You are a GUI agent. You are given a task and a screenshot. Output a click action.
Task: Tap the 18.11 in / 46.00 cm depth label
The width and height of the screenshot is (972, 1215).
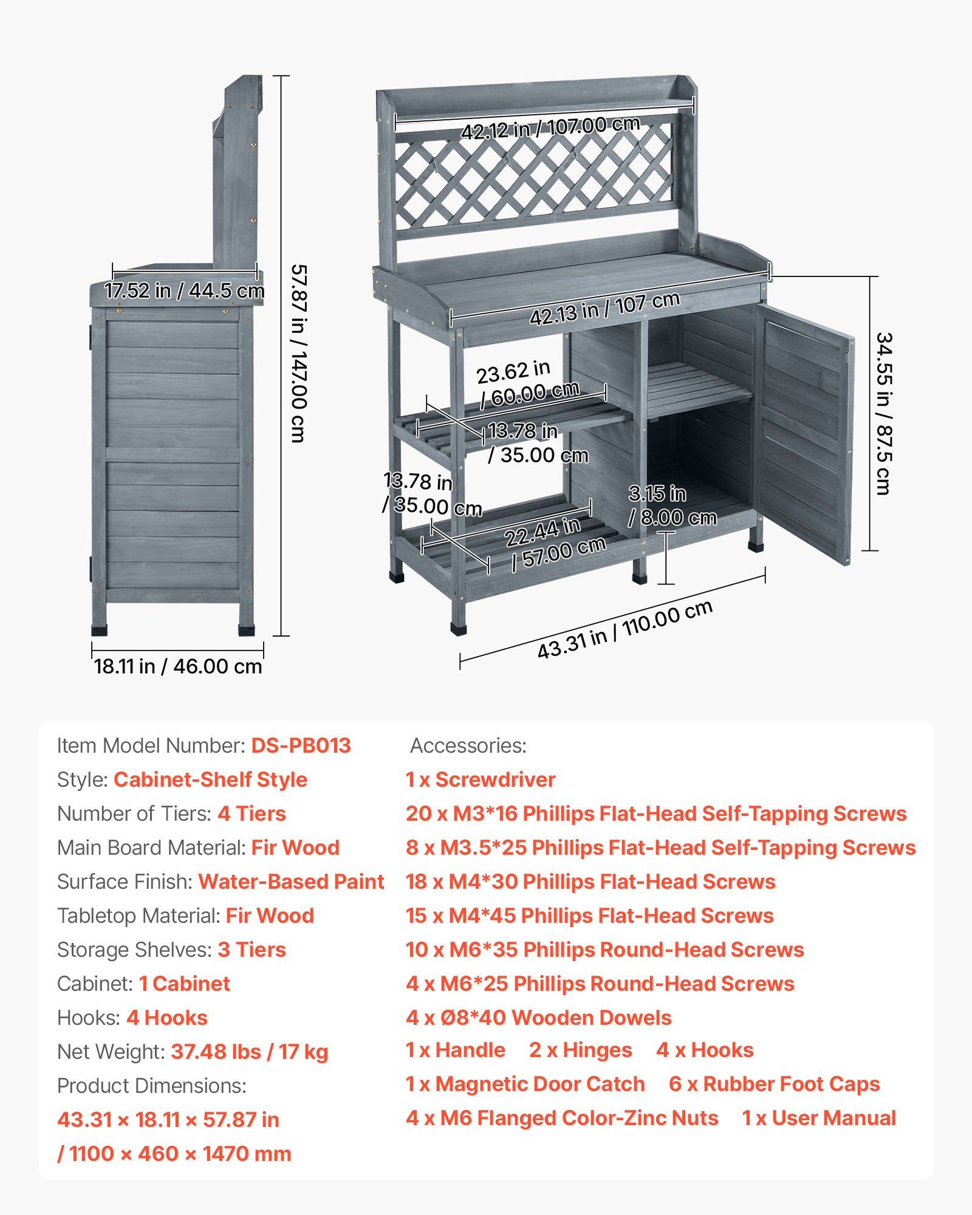click(x=177, y=666)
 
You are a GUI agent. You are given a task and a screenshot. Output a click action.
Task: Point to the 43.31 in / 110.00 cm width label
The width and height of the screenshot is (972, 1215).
click(x=625, y=629)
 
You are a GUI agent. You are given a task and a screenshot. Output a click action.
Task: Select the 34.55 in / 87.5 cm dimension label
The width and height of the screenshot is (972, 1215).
click(x=883, y=413)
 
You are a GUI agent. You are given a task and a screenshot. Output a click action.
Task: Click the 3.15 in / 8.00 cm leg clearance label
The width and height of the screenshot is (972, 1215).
click(x=672, y=505)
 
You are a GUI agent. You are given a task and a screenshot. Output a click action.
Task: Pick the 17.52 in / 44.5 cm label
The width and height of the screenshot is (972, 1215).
click(x=184, y=290)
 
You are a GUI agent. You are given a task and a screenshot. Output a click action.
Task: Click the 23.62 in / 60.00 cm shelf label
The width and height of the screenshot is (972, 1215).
click(x=527, y=383)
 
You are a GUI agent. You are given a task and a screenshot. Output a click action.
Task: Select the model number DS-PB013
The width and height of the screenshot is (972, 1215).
click(x=301, y=745)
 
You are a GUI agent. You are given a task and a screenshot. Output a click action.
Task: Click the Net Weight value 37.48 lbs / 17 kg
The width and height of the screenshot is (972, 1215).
click(x=249, y=1052)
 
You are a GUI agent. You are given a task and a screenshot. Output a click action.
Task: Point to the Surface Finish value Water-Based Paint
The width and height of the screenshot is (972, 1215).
click(x=291, y=881)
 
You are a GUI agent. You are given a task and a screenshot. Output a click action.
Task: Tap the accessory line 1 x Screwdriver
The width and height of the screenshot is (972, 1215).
click(x=480, y=779)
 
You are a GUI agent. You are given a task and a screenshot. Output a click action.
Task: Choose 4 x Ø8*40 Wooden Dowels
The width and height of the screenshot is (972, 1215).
click(x=538, y=1018)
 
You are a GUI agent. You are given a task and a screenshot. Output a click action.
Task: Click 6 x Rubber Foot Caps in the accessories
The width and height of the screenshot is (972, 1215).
click(x=774, y=1084)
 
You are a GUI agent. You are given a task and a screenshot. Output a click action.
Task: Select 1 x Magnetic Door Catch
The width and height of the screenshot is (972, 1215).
click(x=525, y=1084)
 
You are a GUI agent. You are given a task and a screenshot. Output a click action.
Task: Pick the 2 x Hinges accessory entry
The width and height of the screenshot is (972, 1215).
click(x=580, y=1050)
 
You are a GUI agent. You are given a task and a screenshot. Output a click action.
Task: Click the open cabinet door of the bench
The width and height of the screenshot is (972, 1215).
click(x=805, y=431)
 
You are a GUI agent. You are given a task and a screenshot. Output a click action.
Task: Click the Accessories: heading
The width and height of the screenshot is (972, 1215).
click(x=468, y=745)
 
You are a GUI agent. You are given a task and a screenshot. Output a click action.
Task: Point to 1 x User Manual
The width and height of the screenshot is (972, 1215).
click(x=819, y=1118)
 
